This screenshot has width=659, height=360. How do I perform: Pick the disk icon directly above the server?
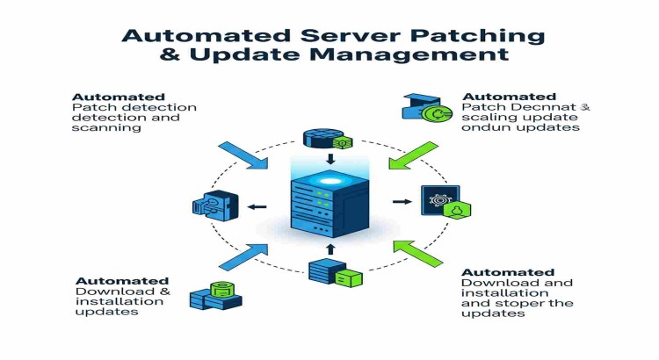tap(321, 138)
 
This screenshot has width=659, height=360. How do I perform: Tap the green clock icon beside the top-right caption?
tap(434, 113)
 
